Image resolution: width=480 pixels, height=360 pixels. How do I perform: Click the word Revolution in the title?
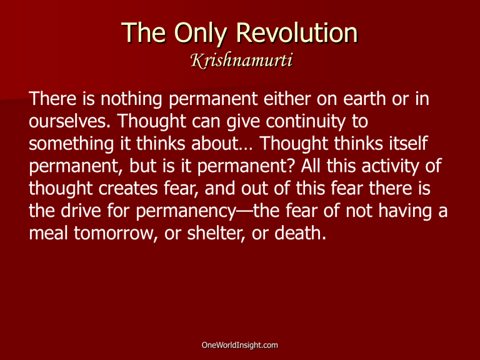pos(297,32)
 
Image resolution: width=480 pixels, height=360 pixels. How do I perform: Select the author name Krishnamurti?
pos(241,60)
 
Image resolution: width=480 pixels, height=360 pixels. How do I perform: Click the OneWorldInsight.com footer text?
pos(240,345)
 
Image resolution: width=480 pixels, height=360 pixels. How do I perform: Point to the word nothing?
pos(131,99)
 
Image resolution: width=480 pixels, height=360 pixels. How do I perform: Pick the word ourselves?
pos(69,121)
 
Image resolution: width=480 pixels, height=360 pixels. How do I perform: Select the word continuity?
pos(306,122)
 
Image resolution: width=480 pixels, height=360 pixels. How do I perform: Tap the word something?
pos(71,144)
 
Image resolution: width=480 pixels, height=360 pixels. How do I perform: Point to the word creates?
pos(128,189)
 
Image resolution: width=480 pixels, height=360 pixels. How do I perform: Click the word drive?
pos(81,211)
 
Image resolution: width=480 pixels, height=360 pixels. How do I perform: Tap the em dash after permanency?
pos(244,211)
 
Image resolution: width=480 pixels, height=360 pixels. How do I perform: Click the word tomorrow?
pos(116,234)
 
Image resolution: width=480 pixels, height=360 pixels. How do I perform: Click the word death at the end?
pos(300,232)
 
